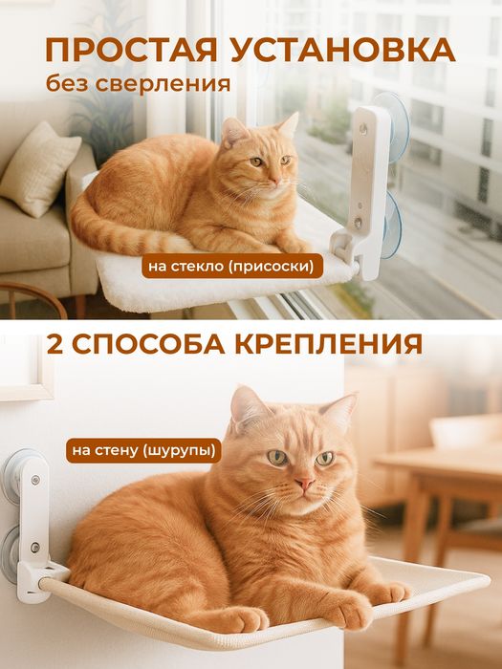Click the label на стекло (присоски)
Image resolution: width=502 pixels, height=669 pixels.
(233, 264)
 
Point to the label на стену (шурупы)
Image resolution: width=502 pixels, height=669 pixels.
(142, 448)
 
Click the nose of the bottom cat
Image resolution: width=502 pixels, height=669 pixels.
(304, 484)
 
